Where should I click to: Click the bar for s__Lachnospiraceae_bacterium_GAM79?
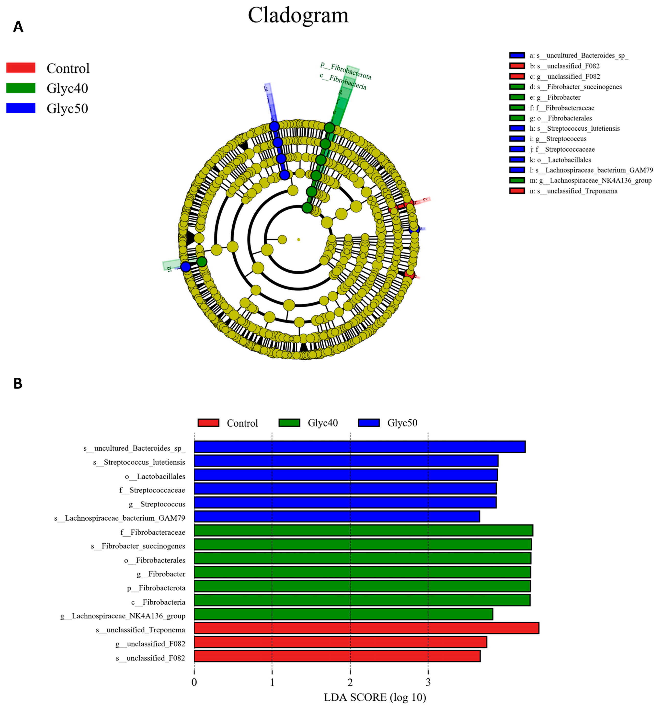(337, 516)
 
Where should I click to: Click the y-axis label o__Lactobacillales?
(155, 476)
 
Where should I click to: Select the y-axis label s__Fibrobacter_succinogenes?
(138, 546)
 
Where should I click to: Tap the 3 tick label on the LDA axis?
(428, 682)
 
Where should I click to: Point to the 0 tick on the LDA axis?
(194, 682)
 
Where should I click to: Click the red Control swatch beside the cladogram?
(21, 68)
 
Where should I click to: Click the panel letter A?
(18, 27)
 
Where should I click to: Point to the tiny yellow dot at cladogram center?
(298, 239)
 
